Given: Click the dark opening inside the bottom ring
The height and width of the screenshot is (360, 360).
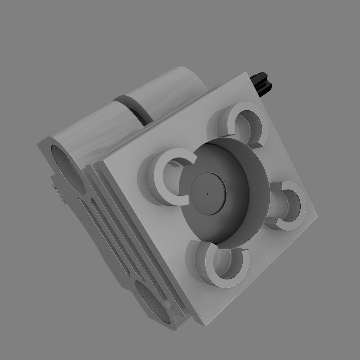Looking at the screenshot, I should point(227,267).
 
